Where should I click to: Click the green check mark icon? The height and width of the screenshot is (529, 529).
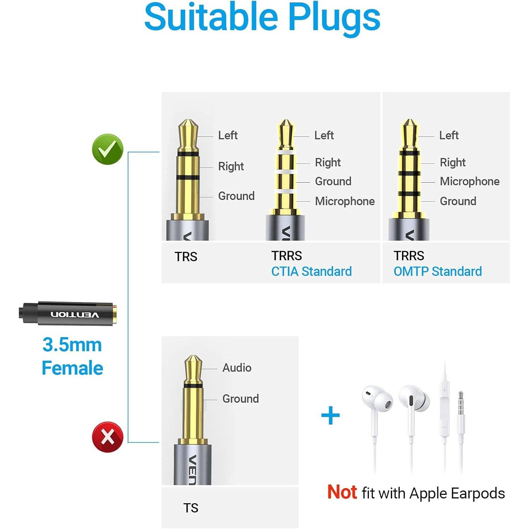point(108,149)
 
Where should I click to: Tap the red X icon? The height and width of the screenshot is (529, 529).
point(108,437)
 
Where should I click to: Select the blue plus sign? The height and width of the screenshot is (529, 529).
point(330,415)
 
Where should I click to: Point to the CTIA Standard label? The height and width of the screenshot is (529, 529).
point(311,272)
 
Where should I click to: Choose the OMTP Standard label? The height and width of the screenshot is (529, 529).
point(438,272)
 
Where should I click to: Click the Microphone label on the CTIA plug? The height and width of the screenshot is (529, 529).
point(345,201)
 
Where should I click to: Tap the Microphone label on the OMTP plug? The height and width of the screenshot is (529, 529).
point(469,181)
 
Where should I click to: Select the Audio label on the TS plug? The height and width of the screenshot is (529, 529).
point(237,368)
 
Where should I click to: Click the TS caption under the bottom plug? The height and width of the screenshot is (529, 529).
point(191,508)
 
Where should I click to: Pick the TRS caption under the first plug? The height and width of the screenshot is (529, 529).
point(186,257)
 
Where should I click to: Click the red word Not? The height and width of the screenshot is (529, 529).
point(342,492)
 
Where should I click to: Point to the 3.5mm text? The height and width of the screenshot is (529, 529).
point(72,345)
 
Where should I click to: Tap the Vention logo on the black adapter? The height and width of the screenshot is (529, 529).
point(75,315)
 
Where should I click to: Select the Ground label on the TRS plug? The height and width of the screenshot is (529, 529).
point(236,196)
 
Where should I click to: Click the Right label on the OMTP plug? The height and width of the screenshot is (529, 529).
point(452,163)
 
